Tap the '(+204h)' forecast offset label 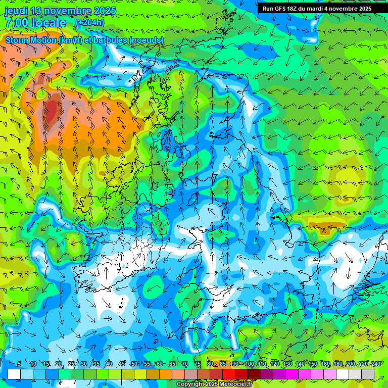89,22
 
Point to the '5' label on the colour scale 19,364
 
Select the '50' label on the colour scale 134,364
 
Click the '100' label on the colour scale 250,364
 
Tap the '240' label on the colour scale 375,364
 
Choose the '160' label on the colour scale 325,364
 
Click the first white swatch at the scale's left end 14,374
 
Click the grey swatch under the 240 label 368,374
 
